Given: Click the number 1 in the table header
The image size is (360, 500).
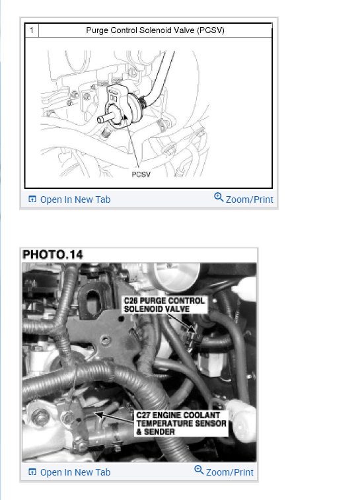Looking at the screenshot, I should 30,30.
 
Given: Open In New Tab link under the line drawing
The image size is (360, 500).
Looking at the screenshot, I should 75,199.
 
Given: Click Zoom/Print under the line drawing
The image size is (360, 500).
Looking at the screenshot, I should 249,199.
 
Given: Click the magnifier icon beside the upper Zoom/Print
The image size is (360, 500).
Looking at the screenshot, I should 219,198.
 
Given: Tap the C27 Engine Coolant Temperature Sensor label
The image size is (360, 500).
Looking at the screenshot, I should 180,423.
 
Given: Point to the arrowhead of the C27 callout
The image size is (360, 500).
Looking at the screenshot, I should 96,415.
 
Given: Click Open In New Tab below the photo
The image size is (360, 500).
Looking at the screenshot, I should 75,472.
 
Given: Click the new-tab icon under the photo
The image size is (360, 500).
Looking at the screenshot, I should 32,472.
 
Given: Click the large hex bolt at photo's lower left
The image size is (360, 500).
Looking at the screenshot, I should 41,417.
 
